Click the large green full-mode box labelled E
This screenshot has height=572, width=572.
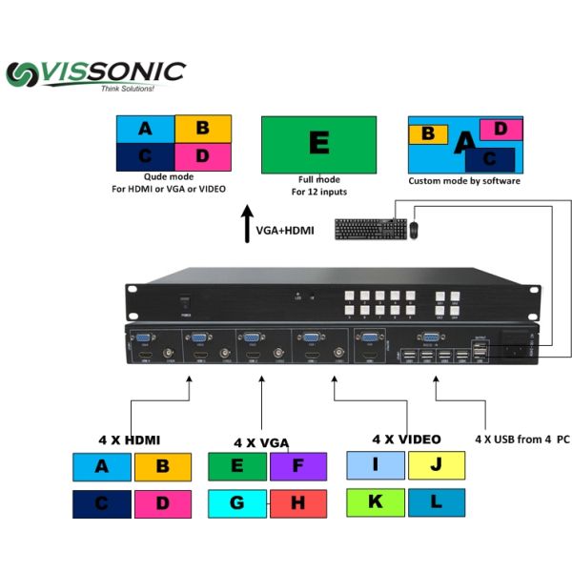pos(318,144)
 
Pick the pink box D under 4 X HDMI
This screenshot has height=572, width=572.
pos(162,502)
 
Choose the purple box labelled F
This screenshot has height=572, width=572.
pos(297,466)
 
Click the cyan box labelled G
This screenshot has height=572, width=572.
pos(237,502)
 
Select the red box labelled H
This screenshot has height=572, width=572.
pos(297,502)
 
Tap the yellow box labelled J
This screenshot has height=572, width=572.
pos(436,466)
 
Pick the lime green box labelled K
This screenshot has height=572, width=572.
pos(376,501)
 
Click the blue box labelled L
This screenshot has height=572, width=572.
pos(436,501)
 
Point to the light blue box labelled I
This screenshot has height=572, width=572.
pos(376,466)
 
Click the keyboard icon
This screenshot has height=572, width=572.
pos(370,229)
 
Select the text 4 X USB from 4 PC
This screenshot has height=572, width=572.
pos(521,439)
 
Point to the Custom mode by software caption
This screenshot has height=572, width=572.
pos(464,181)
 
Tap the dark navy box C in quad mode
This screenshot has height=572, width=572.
pos(145,156)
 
